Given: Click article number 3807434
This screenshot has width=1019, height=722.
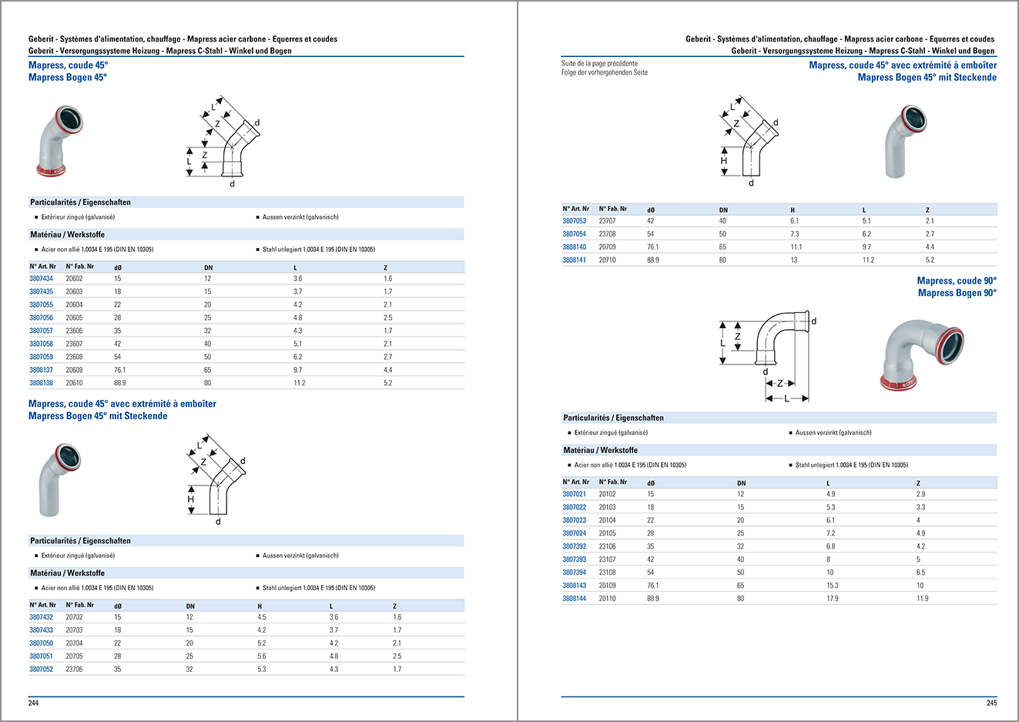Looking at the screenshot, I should point(42,279).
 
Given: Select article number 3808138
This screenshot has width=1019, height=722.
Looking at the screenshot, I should point(42,383).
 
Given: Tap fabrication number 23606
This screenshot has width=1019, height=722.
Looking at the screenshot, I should point(74,331).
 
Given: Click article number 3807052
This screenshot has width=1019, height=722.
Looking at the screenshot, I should point(42,670).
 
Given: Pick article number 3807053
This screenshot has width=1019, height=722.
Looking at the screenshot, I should point(574,221).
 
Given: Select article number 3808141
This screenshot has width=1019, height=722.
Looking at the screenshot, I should point(574,260).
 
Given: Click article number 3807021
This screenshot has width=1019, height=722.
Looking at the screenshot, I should point(574,495).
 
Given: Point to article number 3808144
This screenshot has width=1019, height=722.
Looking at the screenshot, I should point(574,599).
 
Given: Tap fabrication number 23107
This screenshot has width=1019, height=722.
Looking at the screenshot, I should point(607,559).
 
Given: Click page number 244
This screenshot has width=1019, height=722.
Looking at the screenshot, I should point(33,703).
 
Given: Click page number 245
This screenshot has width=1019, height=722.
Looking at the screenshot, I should point(991,703).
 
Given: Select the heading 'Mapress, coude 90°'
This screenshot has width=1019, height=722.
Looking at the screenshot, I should point(957,281).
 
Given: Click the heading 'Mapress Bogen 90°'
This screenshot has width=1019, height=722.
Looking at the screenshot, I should point(957,293).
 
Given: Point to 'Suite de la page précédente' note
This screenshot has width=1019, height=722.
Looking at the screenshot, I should point(599,64).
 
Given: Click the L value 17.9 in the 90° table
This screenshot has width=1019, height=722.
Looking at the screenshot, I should point(832,599).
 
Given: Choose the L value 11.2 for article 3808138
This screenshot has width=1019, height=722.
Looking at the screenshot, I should point(299,383).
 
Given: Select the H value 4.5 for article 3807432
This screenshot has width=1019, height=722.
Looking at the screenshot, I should point(262,617).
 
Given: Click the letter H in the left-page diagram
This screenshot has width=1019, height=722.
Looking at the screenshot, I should point(191,499).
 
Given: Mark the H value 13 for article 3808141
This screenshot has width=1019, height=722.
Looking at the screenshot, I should point(794,260).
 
